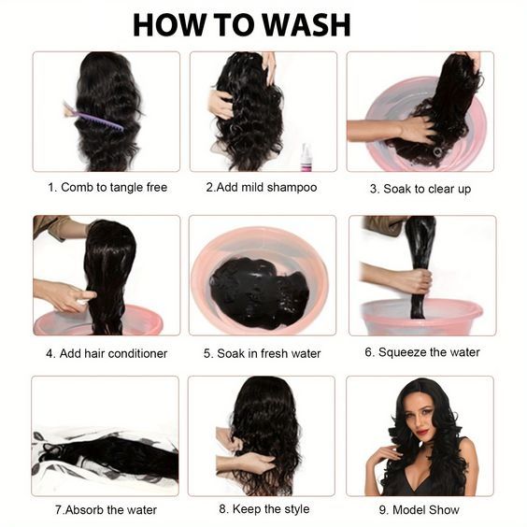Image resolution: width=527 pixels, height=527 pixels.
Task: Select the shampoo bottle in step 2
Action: (x=306, y=157)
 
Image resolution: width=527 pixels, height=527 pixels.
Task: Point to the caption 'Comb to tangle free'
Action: (x=114, y=187)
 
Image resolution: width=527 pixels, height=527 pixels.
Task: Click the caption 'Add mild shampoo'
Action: (x=266, y=187)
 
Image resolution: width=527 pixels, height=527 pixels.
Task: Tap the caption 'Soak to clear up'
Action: (x=427, y=189)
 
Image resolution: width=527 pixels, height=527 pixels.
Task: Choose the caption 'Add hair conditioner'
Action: (x=113, y=353)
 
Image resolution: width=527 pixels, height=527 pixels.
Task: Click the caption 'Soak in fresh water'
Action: (x=268, y=353)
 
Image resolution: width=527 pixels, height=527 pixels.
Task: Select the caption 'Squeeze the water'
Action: (x=429, y=352)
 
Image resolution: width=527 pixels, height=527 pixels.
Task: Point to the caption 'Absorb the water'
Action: (x=111, y=510)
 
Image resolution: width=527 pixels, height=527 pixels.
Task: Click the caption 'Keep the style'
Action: (x=271, y=509)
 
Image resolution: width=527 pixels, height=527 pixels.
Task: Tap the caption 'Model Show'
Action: (x=425, y=510)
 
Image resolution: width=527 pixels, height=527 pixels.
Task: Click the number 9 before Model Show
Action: (x=382, y=510)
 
